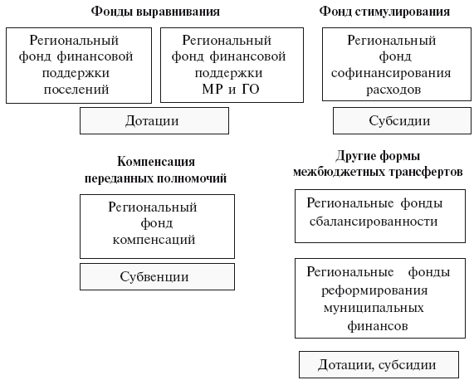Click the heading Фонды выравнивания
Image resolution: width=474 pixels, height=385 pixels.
point(155,12)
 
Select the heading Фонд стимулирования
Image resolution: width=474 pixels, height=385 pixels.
point(384,12)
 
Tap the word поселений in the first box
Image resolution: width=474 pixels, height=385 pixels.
point(76,90)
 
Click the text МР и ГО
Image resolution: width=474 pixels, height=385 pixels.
point(231,89)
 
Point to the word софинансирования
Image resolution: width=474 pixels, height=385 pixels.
point(391,73)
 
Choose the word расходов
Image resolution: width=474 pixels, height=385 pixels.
point(393,90)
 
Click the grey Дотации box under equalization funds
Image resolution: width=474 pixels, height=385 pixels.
point(154,120)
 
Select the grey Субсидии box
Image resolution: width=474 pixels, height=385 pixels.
point(402,120)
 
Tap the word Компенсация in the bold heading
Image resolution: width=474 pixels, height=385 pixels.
point(156,162)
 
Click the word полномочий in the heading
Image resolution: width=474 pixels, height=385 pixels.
point(193,178)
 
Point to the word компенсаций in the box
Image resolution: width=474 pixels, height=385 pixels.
point(154,240)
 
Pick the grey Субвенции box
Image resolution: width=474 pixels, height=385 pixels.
point(157,276)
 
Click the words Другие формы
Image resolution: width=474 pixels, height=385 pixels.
point(378,156)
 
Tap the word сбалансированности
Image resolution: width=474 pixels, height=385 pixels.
point(374,222)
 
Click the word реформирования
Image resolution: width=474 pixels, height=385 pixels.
point(374,290)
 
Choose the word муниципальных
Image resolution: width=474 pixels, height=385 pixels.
point(374,308)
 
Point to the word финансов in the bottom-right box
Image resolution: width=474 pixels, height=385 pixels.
point(378,326)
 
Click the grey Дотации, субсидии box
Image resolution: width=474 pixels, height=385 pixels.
point(379,364)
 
